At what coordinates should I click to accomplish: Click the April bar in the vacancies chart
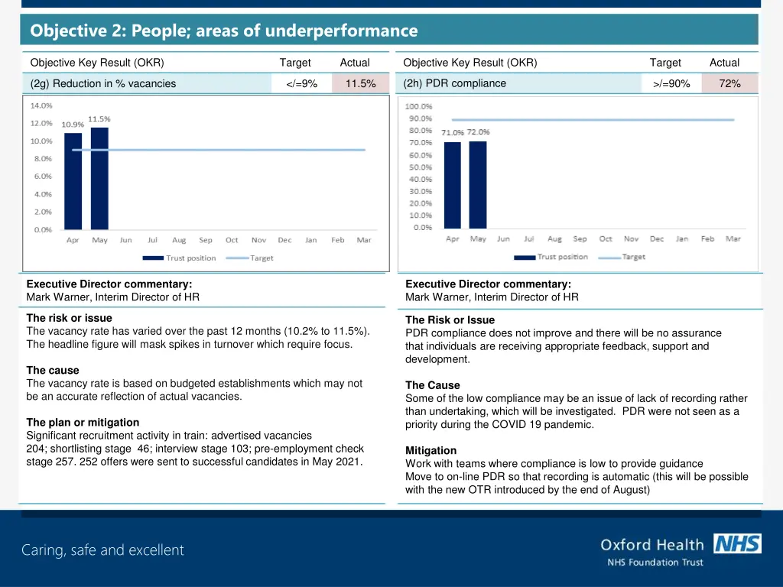click(73, 181)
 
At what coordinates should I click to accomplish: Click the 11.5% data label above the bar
click(99, 119)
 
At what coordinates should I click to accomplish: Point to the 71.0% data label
click(452, 133)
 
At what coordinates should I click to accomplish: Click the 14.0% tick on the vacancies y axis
click(41, 105)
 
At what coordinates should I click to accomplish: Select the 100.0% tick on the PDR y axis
click(418, 106)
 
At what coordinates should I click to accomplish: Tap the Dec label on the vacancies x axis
click(284, 240)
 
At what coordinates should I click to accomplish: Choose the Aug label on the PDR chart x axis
click(554, 239)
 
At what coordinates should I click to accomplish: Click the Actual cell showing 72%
click(729, 84)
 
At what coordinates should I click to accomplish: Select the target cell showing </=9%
click(301, 84)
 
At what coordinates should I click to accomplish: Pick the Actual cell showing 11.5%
click(359, 84)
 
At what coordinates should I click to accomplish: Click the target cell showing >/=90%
click(671, 84)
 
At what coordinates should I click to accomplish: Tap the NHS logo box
click(737, 544)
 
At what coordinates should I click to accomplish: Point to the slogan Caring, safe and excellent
click(102, 550)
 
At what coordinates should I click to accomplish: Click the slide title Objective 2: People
click(224, 31)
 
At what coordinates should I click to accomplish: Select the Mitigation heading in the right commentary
click(430, 451)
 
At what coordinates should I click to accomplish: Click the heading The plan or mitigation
click(83, 422)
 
